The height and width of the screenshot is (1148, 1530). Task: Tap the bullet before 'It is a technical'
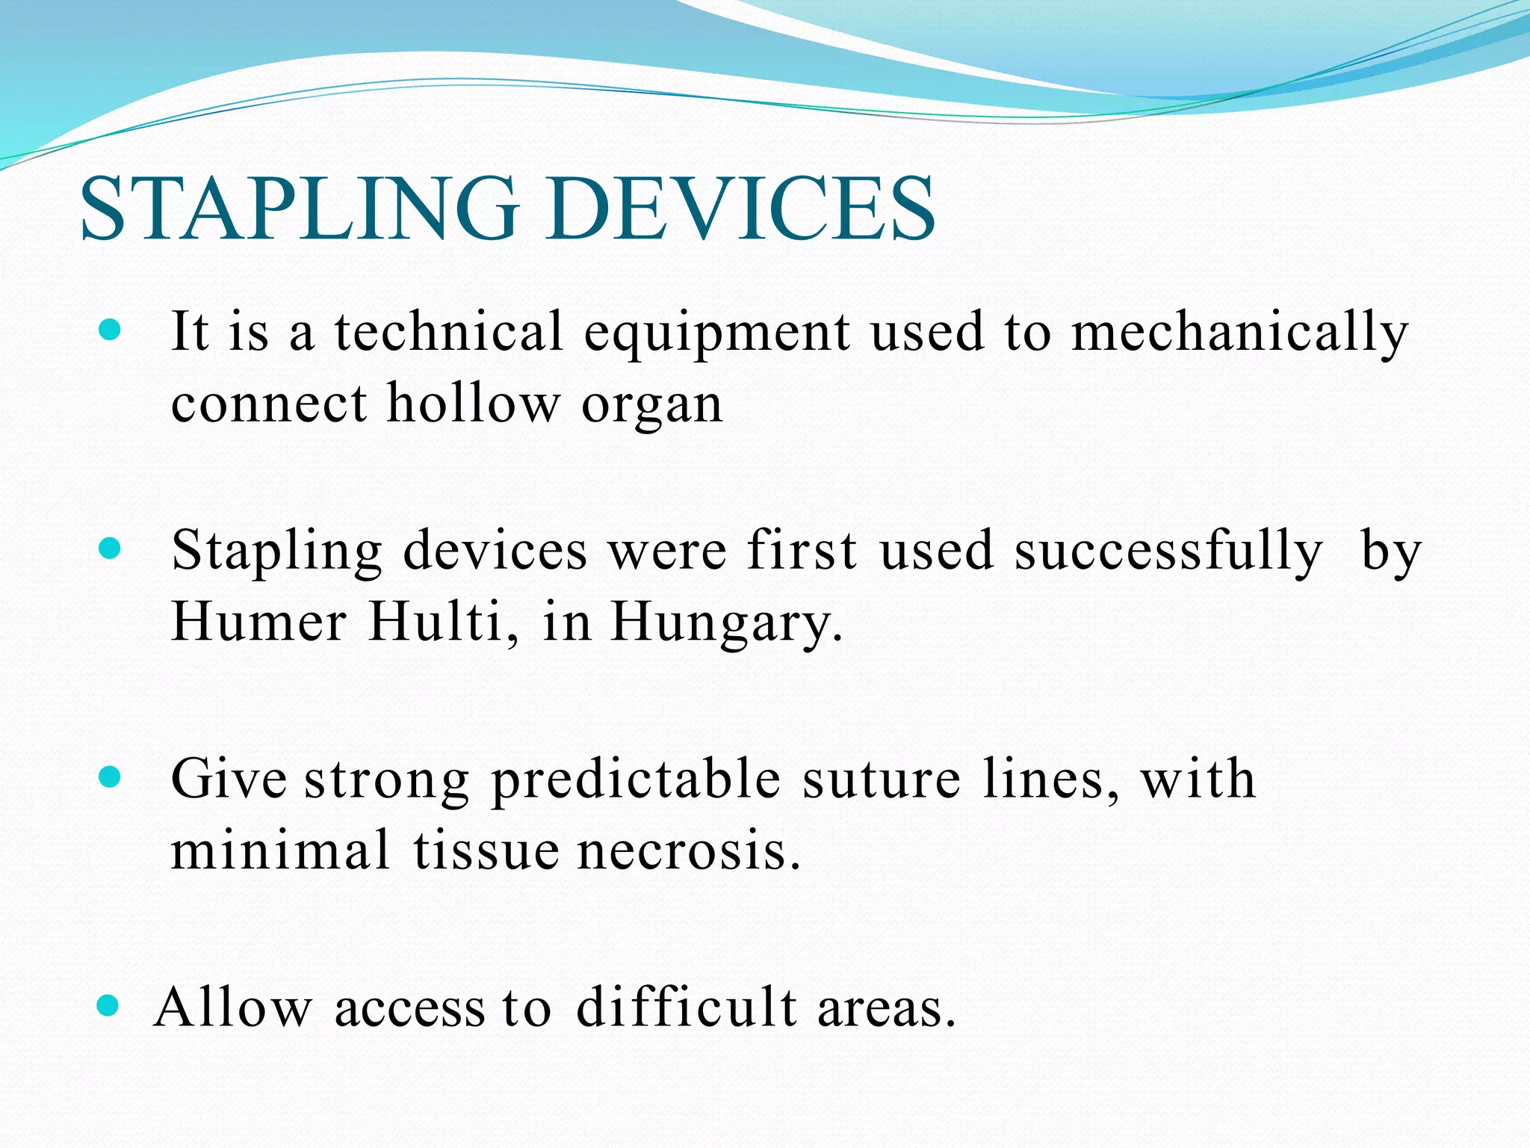click(x=109, y=330)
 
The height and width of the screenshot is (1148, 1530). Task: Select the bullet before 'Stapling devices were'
click(x=109, y=549)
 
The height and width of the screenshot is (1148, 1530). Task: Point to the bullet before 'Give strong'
click(x=109, y=777)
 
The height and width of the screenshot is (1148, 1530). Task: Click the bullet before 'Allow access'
click(x=108, y=1006)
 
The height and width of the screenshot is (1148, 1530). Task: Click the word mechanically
click(x=1239, y=333)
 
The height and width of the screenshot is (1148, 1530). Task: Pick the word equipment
click(x=716, y=334)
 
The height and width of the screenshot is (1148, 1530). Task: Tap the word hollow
click(x=473, y=404)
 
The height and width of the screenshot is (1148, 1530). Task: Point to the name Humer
click(x=258, y=622)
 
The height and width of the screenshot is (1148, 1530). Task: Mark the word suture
click(x=882, y=780)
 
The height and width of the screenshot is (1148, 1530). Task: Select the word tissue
click(x=486, y=851)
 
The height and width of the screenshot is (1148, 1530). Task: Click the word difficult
click(x=687, y=1007)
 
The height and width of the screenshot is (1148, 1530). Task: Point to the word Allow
click(x=232, y=1007)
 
